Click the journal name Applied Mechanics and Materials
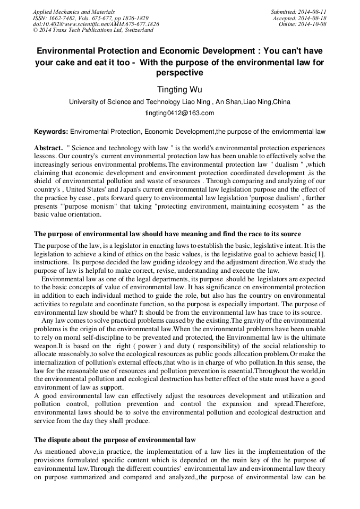pos(73,12)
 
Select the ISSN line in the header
pos(90,18)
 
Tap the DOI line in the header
pos(96,24)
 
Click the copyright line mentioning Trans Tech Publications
pos(93,31)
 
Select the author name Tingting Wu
pos(179,89)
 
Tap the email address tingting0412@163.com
pos(179,113)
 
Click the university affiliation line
pos(179,102)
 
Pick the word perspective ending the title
pos(179,73)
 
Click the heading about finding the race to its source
pos(167,234)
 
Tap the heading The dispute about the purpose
pos(115,440)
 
